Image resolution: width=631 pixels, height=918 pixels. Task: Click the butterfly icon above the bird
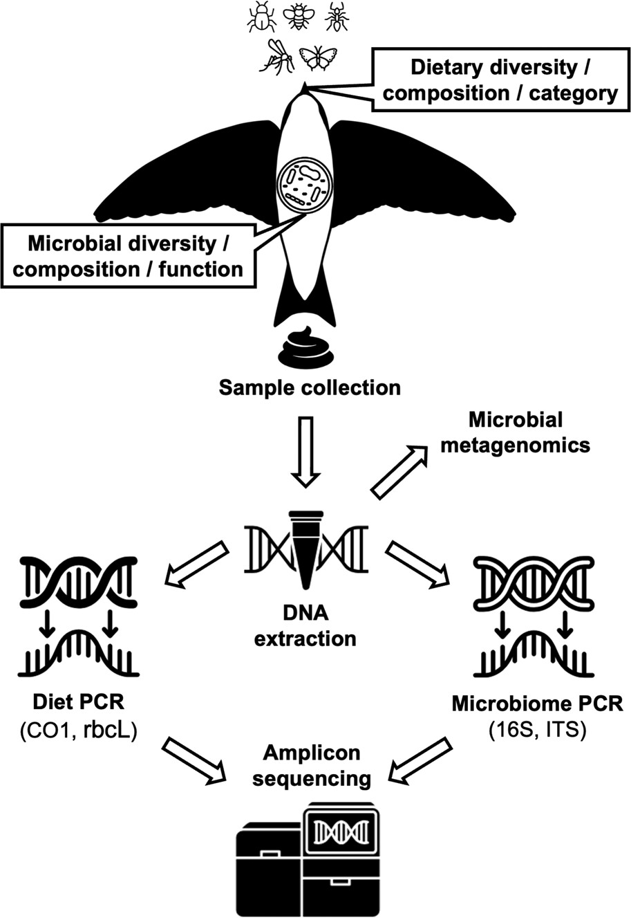tap(318, 58)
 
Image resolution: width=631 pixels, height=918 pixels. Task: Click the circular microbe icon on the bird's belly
tap(305, 183)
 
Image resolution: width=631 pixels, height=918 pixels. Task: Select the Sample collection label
tap(310, 387)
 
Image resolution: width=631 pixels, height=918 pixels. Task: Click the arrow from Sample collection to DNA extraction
tap(304, 449)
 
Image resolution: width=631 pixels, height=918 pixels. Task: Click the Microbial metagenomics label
tap(515, 432)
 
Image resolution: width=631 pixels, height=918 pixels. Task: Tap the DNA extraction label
tap(305, 626)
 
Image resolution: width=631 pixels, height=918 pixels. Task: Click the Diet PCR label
tap(79, 703)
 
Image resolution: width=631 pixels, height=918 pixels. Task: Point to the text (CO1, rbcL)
tap(79, 728)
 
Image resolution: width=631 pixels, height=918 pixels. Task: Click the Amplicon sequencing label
tap(311, 765)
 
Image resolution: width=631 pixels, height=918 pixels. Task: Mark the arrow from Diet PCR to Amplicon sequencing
tap(195, 760)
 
